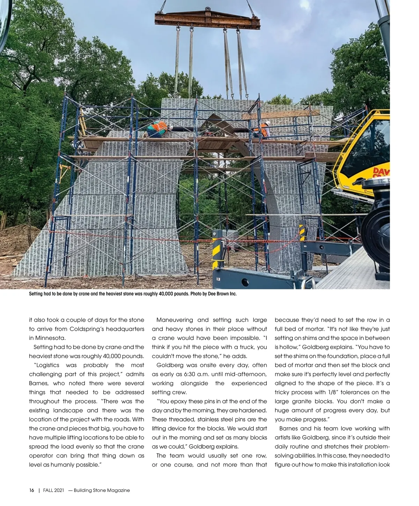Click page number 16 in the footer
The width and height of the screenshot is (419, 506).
pos(32,490)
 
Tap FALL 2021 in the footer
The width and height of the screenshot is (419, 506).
pos(54,490)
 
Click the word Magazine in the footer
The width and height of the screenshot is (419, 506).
pos(117,490)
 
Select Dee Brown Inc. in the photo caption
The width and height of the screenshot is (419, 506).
pos(222,294)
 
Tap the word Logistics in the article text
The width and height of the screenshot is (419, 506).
pos(47,365)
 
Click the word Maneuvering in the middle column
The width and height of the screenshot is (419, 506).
pos(175,320)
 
